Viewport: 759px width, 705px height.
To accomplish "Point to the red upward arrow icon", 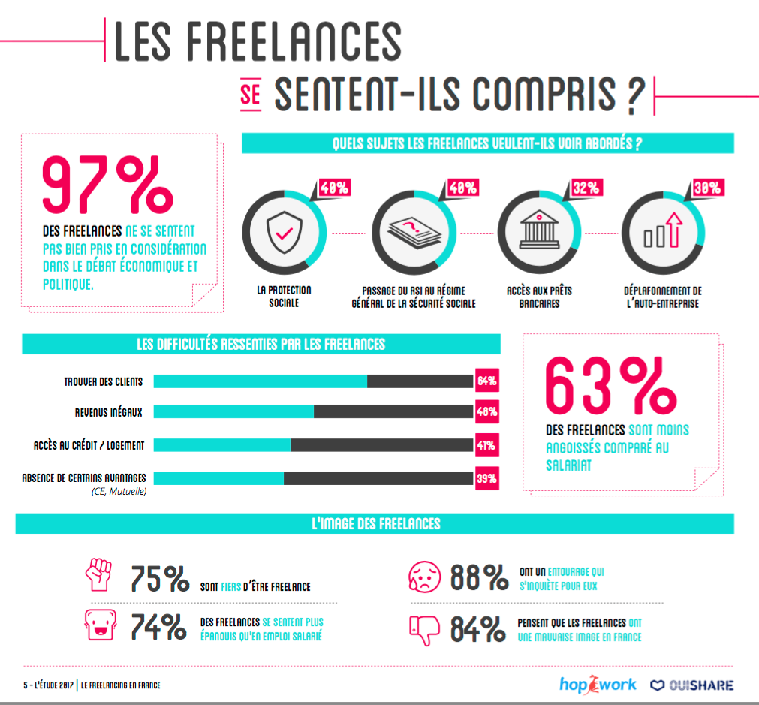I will click(671, 228).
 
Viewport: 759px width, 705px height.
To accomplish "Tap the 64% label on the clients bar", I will click(486, 381).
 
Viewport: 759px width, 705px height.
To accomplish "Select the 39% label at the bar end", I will click(486, 478).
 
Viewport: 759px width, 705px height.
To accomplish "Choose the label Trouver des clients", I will click(103, 382).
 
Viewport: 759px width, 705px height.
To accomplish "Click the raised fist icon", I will click(100, 574).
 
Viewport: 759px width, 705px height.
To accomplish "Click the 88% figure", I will click(479, 577).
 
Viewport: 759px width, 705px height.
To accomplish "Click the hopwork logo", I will click(598, 684).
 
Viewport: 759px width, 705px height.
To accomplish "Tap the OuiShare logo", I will click(691, 685).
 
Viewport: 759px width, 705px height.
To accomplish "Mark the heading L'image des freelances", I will click(375, 523).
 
